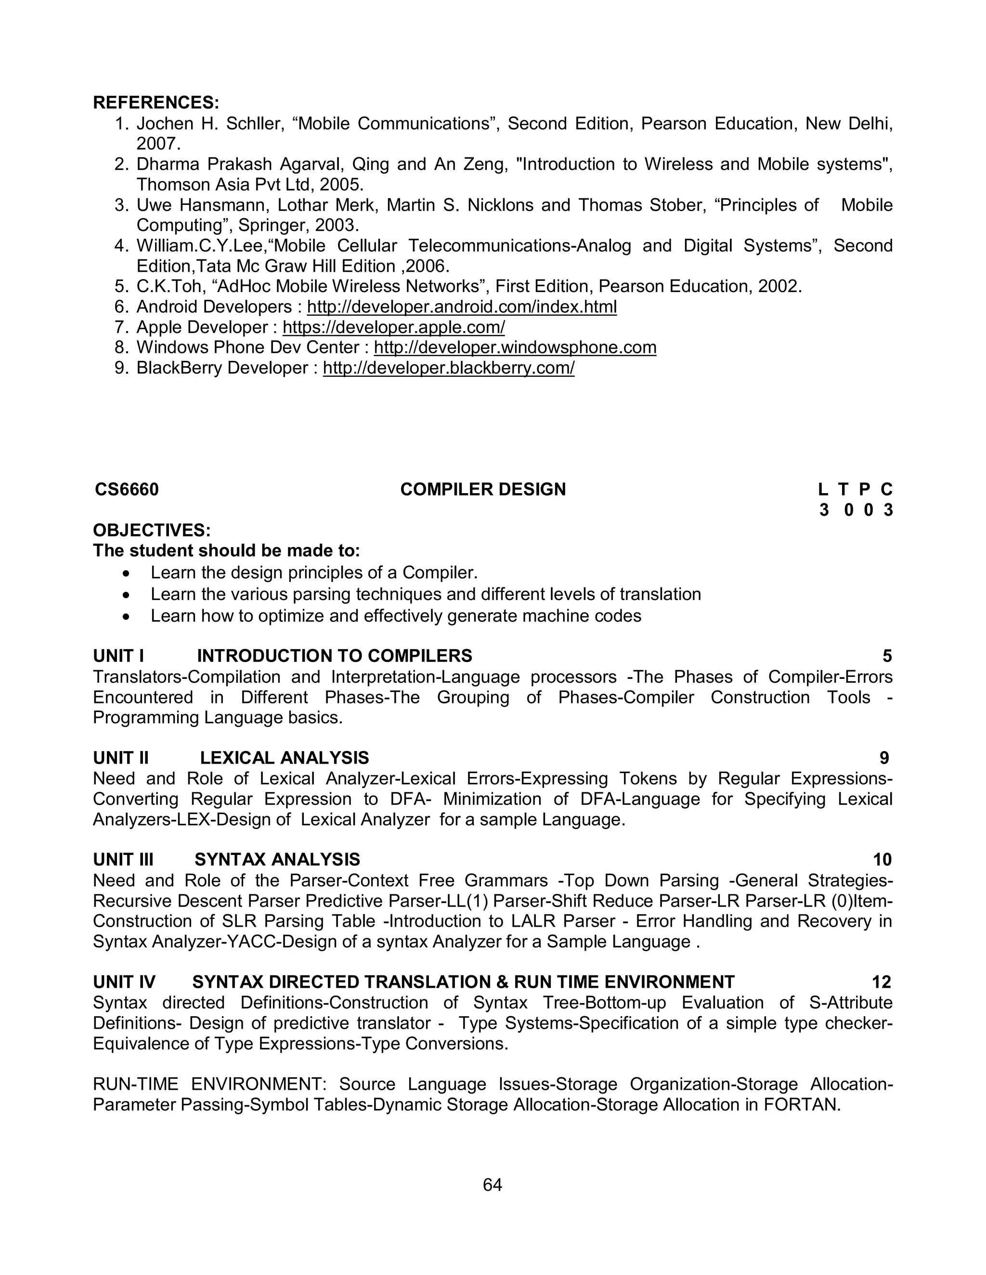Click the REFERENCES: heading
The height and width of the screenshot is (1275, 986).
pyautogui.click(x=156, y=103)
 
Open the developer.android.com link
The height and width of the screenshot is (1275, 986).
pyautogui.click(x=461, y=306)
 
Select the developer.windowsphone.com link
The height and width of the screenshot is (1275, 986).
pyautogui.click(x=515, y=347)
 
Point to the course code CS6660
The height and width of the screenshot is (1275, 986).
pyautogui.click(x=127, y=489)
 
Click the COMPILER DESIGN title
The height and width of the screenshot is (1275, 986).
pyautogui.click(x=482, y=489)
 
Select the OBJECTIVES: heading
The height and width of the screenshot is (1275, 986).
pyautogui.click(x=152, y=530)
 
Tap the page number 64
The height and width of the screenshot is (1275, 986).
pyautogui.click(x=493, y=1185)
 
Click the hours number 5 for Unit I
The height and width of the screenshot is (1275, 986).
pyautogui.click(x=887, y=656)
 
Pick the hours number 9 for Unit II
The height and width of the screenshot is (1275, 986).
pyautogui.click(x=884, y=758)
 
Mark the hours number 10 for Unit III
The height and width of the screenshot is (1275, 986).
pyautogui.click(x=882, y=859)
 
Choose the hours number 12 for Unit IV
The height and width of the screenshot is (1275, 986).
pyautogui.click(x=882, y=982)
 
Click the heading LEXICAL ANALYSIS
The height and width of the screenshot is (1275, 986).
pyautogui.click(x=285, y=758)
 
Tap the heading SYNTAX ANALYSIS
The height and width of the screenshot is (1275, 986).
pyautogui.click(x=277, y=859)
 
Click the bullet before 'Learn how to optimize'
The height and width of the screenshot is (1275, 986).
pyautogui.click(x=127, y=616)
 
